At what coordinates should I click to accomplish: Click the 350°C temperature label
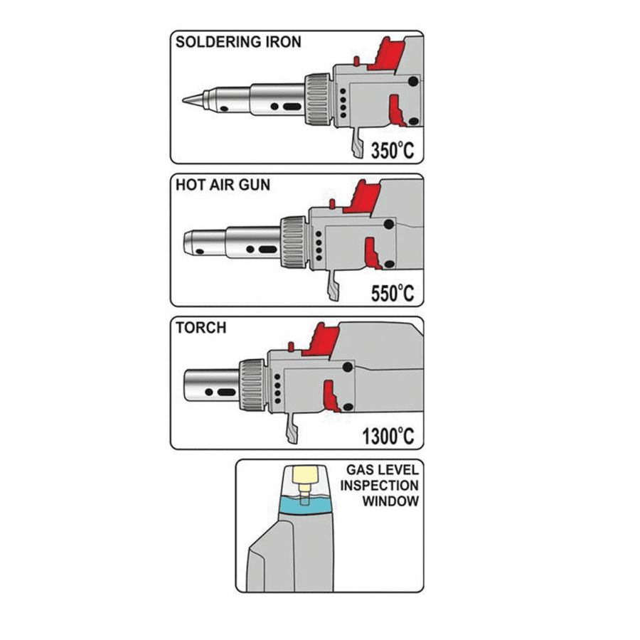[x=392, y=149]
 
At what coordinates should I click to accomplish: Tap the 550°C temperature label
[x=392, y=292]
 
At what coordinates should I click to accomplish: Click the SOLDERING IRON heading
[x=238, y=42]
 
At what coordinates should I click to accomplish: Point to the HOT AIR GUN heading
[x=223, y=185]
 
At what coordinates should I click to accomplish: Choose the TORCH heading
[x=201, y=328]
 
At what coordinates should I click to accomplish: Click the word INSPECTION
[x=379, y=485]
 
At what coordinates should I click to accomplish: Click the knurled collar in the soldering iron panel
[x=317, y=98]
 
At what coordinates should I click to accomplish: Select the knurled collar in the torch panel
[x=252, y=385]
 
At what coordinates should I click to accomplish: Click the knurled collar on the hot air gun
[x=293, y=241]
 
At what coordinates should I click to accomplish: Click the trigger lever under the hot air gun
[x=332, y=288]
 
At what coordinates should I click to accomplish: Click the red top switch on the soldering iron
[x=385, y=54]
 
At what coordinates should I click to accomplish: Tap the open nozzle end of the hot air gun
[x=188, y=242]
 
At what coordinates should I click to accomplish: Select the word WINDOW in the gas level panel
[x=390, y=501]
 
